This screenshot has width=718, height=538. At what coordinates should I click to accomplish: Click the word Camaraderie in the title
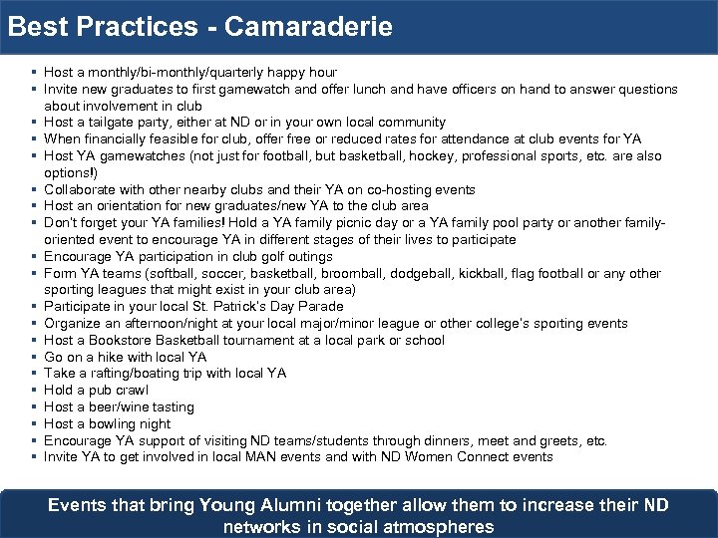(x=309, y=26)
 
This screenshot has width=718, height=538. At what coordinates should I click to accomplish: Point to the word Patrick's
(x=200, y=307)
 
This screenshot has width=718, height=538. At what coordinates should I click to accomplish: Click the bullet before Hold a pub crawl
(x=34, y=390)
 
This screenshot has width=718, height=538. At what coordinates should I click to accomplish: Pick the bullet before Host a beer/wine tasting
(x=34, y=406)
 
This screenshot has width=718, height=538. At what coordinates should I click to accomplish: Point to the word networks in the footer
(x=262, y=526)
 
